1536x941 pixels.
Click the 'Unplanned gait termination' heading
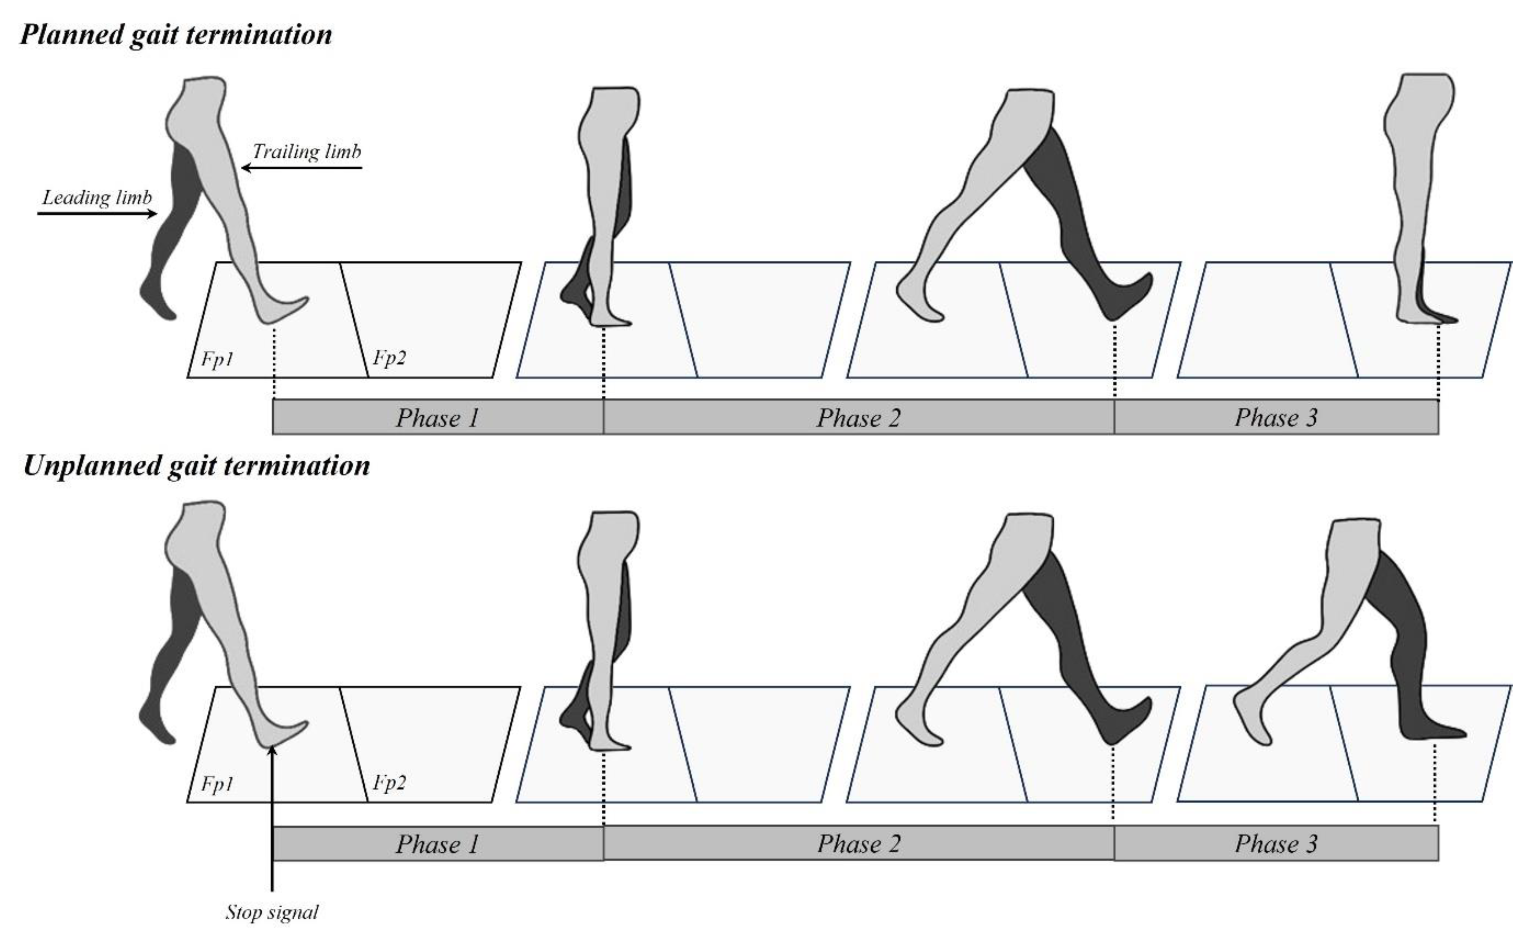196,466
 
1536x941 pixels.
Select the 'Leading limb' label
97,198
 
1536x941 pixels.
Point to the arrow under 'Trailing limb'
302,168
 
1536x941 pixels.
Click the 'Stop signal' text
272,912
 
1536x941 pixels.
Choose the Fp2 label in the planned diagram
389,358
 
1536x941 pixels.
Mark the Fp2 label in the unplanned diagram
389,782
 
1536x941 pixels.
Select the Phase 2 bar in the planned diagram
858,417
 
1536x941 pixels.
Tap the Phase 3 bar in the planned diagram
1276,417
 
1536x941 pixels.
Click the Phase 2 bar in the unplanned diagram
858,844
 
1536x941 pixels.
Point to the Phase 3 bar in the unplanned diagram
1276,844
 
